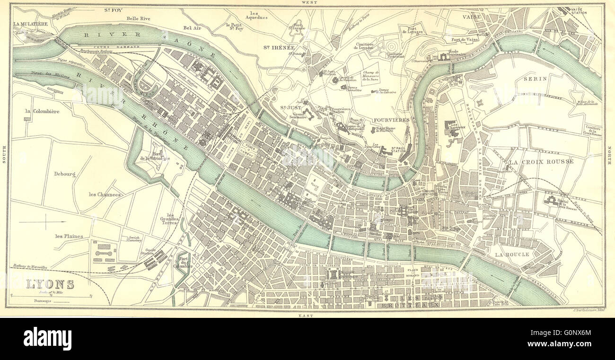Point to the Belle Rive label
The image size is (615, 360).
tap(138, 18)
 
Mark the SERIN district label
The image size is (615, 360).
tap(535, 79)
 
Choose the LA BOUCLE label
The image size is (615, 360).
tap(512, 254)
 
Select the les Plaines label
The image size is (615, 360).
tap(69, 236)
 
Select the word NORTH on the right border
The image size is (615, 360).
tap(610, 156)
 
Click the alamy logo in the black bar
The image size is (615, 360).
tap(47, 339)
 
